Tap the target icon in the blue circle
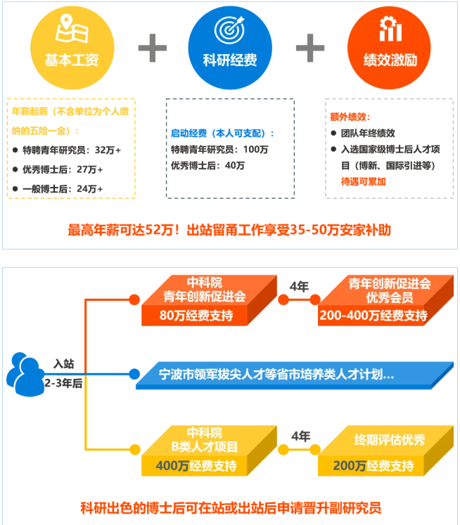[230, 30]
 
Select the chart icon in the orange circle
[390, 29]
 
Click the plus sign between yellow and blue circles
[153, 48]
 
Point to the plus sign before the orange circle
[310, 48]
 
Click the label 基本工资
[72, 60]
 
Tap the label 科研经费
[230, 60]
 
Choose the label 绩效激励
[390, 60]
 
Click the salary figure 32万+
[108, 150]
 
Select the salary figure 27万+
[90, 169]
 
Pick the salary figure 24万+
[90, 189]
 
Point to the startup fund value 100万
[255, 149]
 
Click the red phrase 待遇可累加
[364, 181]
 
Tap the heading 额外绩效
[350, 117]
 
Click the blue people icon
[25, 375]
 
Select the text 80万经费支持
[196, 316]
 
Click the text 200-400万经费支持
[373, 316]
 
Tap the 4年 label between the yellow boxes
[300, 436]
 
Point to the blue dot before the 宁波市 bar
[134, 374]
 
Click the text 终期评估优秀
[390, 440]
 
